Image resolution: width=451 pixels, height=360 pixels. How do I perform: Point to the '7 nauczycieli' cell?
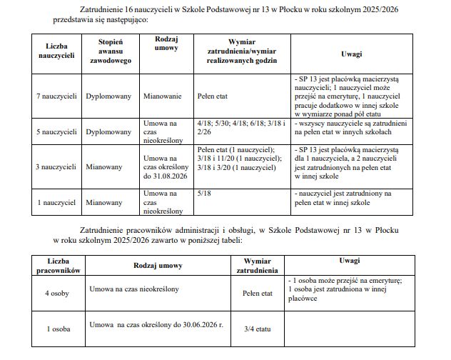click(x=56, y=95)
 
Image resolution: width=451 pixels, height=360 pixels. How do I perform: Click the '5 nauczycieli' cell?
click(x=56, y=132)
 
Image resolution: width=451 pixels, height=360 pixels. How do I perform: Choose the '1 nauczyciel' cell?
click(x=56, y=202)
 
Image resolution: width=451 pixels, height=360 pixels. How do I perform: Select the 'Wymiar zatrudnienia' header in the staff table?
click(x=258, y=266)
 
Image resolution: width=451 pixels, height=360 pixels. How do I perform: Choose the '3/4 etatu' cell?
click(x=257, y=329)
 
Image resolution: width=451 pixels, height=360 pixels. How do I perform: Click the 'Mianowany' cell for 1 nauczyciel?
click(x=105, y=202)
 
